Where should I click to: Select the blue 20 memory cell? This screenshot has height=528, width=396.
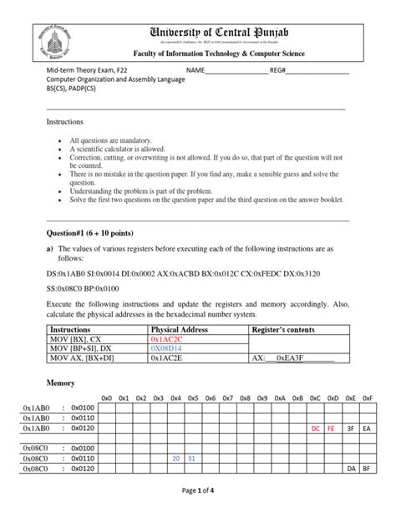(176, 459)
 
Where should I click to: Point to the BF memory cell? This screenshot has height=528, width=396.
(368, 470)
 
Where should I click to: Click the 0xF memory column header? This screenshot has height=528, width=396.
(368, 398)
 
